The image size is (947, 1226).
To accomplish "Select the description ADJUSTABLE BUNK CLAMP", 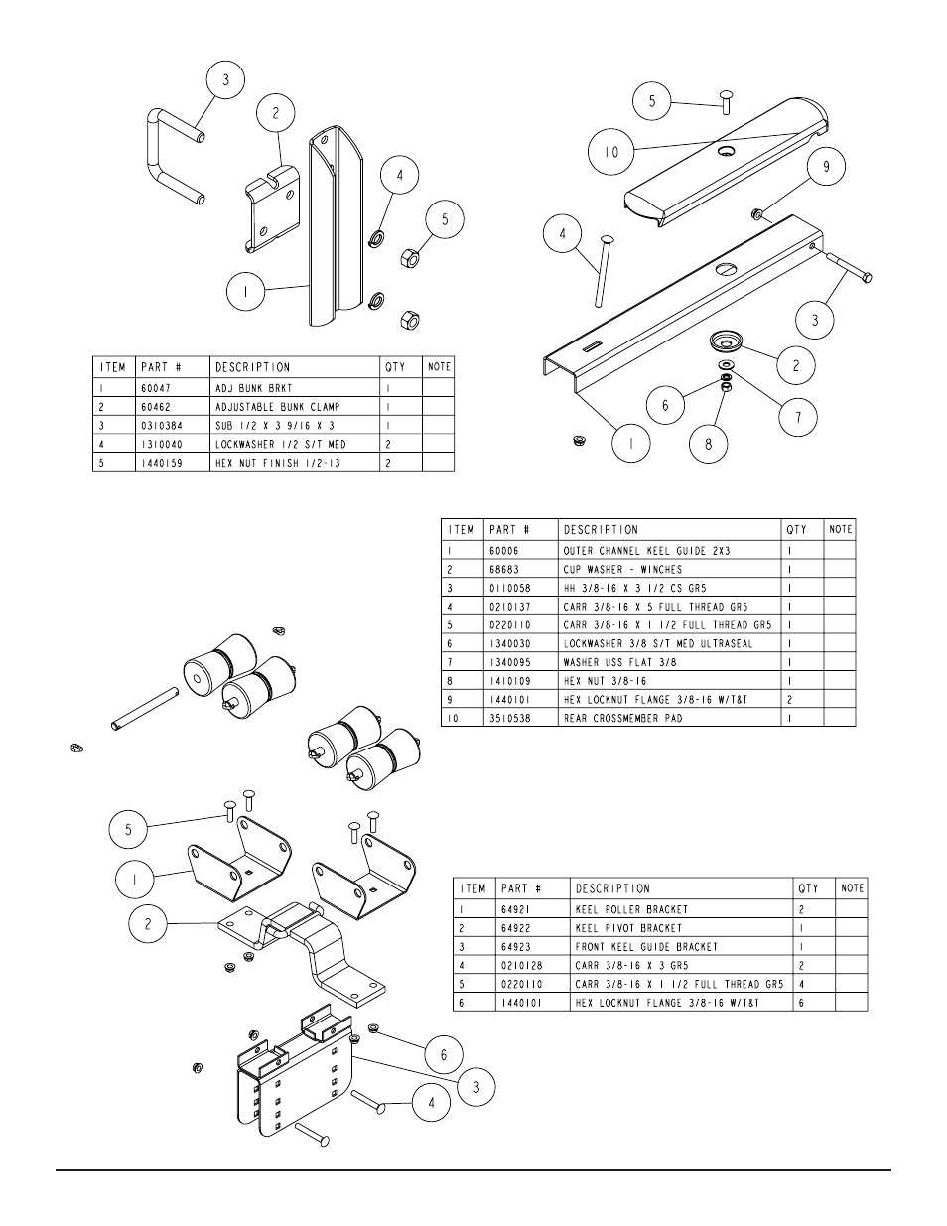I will tap(277, 406).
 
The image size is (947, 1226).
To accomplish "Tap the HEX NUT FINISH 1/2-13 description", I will tap(277, 463).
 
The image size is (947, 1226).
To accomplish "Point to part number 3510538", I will tap(510, 718).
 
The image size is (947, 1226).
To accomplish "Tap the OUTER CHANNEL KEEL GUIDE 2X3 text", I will tap(647, 550).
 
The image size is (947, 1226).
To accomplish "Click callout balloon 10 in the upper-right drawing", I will tap(611, 152).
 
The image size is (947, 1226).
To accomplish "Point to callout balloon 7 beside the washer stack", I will tap(796, 417).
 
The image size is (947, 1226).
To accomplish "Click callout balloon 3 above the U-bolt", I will tap(225, 80).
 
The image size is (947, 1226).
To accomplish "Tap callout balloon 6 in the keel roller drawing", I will tap(444, 1055).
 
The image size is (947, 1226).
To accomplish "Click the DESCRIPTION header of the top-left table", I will tap(253, 367).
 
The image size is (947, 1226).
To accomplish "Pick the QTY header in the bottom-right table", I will tap(808, 888).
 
